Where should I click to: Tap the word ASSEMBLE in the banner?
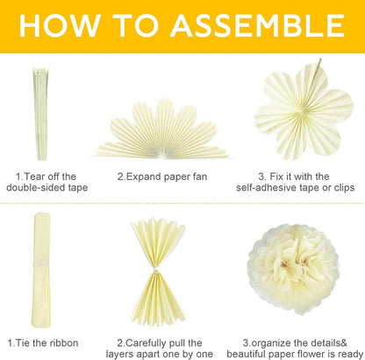258,25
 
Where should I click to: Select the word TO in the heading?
136,25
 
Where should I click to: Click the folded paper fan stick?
40,112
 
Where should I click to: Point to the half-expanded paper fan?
162,130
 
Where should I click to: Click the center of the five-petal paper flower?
303,112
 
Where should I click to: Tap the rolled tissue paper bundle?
40,270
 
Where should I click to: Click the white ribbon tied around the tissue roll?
41,263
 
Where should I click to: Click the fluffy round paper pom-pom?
294,269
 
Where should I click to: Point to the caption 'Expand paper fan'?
162,176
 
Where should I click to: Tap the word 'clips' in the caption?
344,188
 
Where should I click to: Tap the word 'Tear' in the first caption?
34,176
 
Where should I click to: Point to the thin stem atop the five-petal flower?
316,73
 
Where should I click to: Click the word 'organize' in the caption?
270,343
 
